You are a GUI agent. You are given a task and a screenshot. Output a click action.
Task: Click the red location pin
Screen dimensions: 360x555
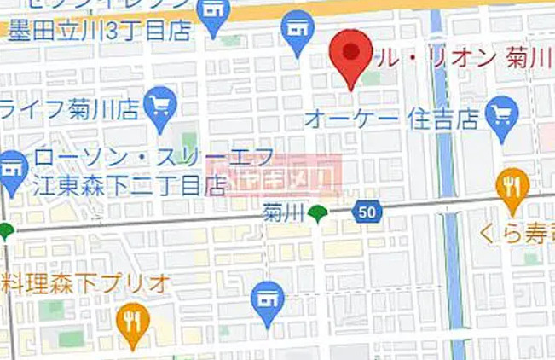[350, 54]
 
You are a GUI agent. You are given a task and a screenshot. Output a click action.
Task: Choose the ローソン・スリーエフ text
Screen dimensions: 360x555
[153, 157]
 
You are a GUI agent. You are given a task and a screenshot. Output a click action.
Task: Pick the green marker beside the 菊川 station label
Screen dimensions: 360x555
[318, 212]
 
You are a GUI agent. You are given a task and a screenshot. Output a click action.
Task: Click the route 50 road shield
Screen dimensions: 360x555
[366, 212]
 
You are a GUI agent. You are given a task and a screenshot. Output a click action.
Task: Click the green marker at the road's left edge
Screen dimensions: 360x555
[6, 229]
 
